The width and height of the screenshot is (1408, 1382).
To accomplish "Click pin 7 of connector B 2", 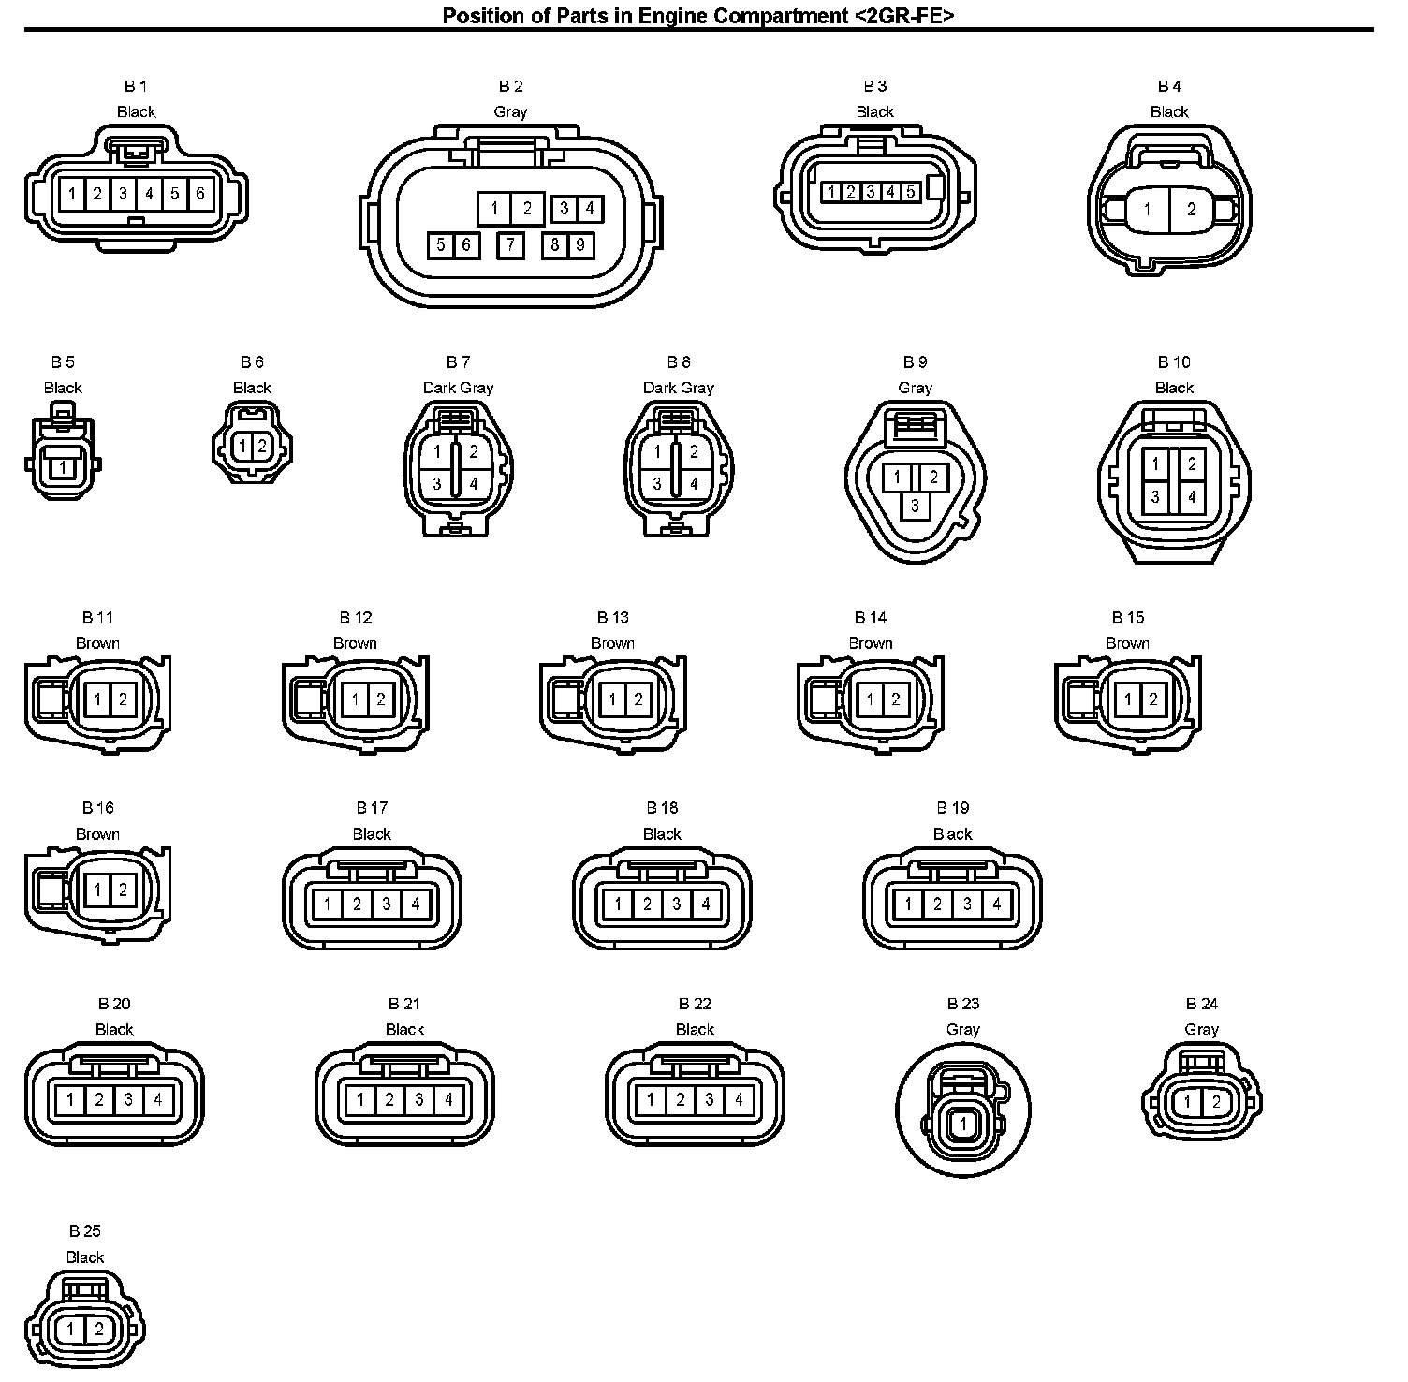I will point(510,245).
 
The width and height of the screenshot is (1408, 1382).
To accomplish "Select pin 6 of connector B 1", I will point(200,194).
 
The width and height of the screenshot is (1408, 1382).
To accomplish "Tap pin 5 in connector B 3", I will point(910,192).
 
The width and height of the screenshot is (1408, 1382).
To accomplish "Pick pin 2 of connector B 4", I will point(1191,209).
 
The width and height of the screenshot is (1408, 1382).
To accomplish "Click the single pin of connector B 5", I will point(62,466).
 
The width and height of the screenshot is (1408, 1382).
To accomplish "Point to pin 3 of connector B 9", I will point(915,506).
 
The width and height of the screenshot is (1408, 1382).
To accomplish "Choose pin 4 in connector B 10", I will point(1192,497).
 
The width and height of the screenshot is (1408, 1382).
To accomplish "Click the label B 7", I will point(458,362).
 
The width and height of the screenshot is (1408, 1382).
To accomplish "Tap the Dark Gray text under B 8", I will point(679,388).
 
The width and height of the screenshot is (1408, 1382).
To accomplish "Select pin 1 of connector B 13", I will point(612,699).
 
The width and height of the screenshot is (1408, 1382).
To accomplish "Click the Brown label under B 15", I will point(1127,643).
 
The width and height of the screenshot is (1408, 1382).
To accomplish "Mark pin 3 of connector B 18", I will point(677,904).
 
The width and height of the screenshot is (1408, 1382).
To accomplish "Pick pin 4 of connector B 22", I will point(739,1099).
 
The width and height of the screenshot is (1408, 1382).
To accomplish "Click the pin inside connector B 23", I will point(963,1125).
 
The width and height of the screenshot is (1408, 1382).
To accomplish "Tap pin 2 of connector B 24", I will point(1216,1102).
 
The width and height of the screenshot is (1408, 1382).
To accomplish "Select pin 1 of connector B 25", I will point(70,1329).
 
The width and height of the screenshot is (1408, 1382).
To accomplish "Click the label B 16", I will point(97,808).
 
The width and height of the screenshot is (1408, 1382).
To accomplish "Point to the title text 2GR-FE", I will point(902,15).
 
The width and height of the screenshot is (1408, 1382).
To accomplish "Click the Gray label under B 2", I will point(510,111).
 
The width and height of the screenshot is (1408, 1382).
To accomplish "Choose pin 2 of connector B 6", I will point(262,446).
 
